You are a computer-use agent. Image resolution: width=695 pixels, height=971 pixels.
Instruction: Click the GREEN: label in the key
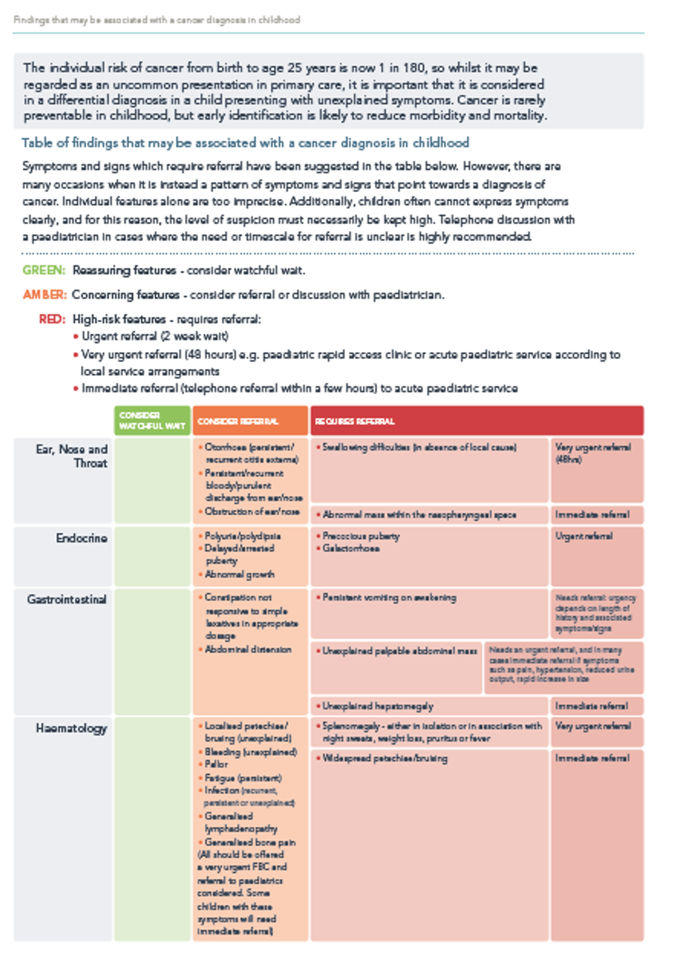pyautogui.click(x=44, y=270)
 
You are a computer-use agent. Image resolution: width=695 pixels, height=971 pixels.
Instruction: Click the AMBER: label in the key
pyautogui.click(x=45, y=294)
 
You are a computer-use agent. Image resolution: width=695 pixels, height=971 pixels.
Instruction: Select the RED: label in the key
pyautogui.click(x=52, y=319)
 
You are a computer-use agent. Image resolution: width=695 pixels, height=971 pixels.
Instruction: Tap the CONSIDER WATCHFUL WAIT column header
pyautogui.click(x=152, y=420)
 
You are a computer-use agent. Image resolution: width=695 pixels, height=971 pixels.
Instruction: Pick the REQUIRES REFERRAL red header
pyautogui.click(x=355, y=421)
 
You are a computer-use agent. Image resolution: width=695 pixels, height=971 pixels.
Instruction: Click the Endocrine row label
pyautogui.click(x=81, y=538)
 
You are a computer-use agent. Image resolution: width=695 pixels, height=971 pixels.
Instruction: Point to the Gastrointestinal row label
pyautogui.click(x=67, y=599)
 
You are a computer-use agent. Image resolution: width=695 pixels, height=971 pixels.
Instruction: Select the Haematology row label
pyautogui.click(x=71, y=728)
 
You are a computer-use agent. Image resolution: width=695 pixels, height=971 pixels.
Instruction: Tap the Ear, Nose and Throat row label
pyautogui.click(x=72, y=456)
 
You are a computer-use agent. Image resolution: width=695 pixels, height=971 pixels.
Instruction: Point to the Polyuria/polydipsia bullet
pyautogui.click(x=243, y=536)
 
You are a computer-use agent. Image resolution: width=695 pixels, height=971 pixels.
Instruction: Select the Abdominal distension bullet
pyautogui.click(x=248, y=649)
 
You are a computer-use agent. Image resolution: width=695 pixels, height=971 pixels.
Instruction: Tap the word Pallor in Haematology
pyautogui.click(x=216, y=764)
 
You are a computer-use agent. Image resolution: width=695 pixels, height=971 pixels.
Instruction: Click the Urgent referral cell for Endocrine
pyautogui.click(x=584, y=536)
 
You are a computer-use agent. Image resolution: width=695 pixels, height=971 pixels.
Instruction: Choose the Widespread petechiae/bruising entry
pyautogui.click(x=385, y=758)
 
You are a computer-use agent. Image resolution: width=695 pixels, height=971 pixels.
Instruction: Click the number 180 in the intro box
pyautogui.click(x=413, y=68)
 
